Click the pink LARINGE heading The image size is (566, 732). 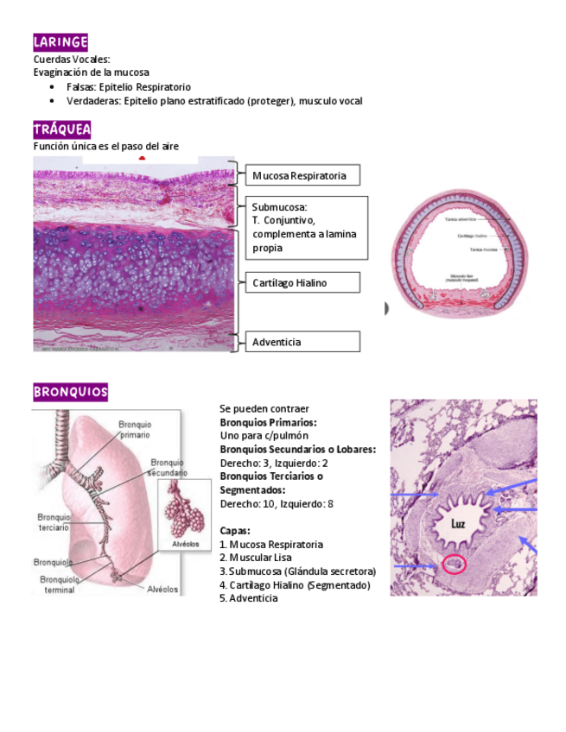pyautogui.click(x=60, y=42)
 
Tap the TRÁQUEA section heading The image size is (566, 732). pyautogui.click(x=61, y=130)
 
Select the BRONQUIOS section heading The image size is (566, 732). pyautogui.click(x=71, y=393)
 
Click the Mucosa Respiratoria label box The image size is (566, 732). pyautogui.click(x=302, y=176)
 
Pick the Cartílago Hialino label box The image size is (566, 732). pyautogui.click(x=302, y=282)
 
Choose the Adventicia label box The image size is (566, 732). pyautogui.click(x=302, y=342)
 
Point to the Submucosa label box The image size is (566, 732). pyautogui.click(x=306, y=227)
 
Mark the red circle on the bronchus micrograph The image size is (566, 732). pyautogui.click(x=454, y=565)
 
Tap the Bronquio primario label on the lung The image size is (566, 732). pyautogui.click(x=135, y=430)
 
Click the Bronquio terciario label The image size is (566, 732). pyautogui.click(x=54, y=522)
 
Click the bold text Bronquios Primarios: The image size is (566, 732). pyautogui.click(x=268, y=422)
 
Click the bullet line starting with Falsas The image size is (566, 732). pyautogui.click(x=128, y=87)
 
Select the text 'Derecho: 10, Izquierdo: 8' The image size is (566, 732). pyautogui.click(x=277, y=504)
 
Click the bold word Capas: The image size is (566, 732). pyautogui.click(x=235, y=531)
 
